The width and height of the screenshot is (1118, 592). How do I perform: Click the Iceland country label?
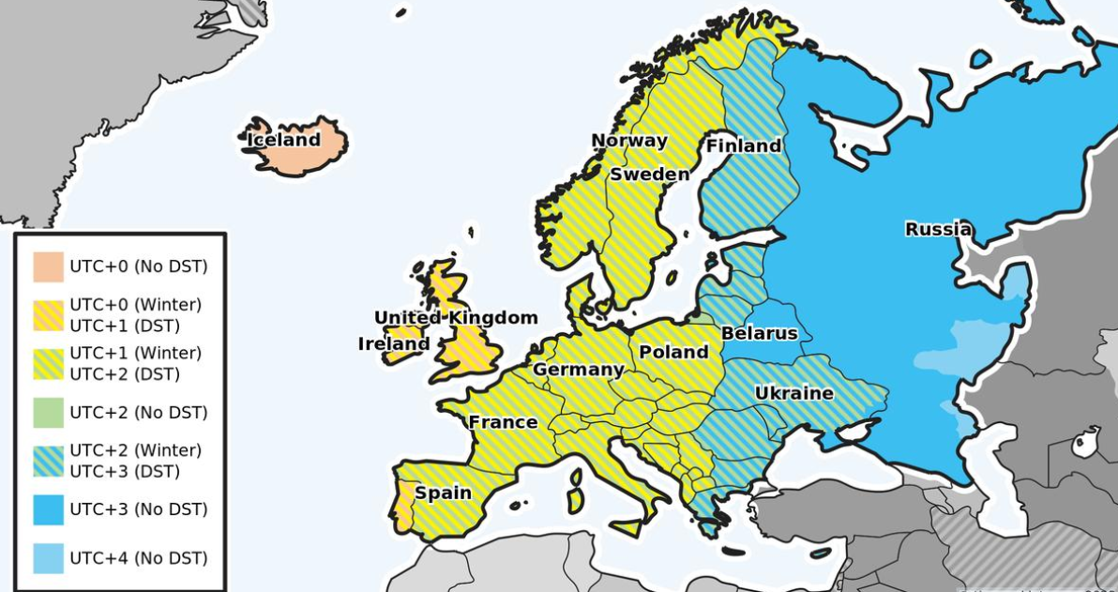[283, 141]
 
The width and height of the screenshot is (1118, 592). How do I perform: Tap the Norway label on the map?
[628, 142]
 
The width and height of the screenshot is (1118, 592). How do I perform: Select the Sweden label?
[649, 175]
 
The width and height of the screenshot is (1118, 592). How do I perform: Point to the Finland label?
[743, 146]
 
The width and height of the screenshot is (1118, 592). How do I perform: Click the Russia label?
[938, 229]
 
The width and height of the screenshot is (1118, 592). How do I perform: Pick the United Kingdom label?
[456, 318]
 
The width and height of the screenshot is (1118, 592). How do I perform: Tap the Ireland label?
[394, 344]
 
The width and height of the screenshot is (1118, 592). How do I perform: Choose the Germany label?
[579, 370]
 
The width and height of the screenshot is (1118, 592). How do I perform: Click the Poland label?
[673, 353]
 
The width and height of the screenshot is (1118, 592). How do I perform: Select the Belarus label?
[759, 333]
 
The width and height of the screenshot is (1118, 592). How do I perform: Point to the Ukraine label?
[793, 393]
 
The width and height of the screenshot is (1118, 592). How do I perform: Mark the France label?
[503, 422]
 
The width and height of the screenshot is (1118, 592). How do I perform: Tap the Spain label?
[443, 493]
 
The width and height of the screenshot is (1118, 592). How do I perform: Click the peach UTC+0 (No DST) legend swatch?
[49, 266]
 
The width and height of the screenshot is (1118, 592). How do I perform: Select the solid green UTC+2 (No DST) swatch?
[49, 413]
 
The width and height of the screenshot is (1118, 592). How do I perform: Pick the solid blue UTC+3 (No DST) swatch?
[49, 509]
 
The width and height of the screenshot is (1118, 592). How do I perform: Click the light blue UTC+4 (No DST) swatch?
[49, 558]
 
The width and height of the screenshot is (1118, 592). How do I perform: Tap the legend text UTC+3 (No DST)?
[139, 509]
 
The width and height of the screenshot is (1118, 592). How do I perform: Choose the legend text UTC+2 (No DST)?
[139, 413]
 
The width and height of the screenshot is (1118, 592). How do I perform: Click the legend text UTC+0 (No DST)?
[139, 266]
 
